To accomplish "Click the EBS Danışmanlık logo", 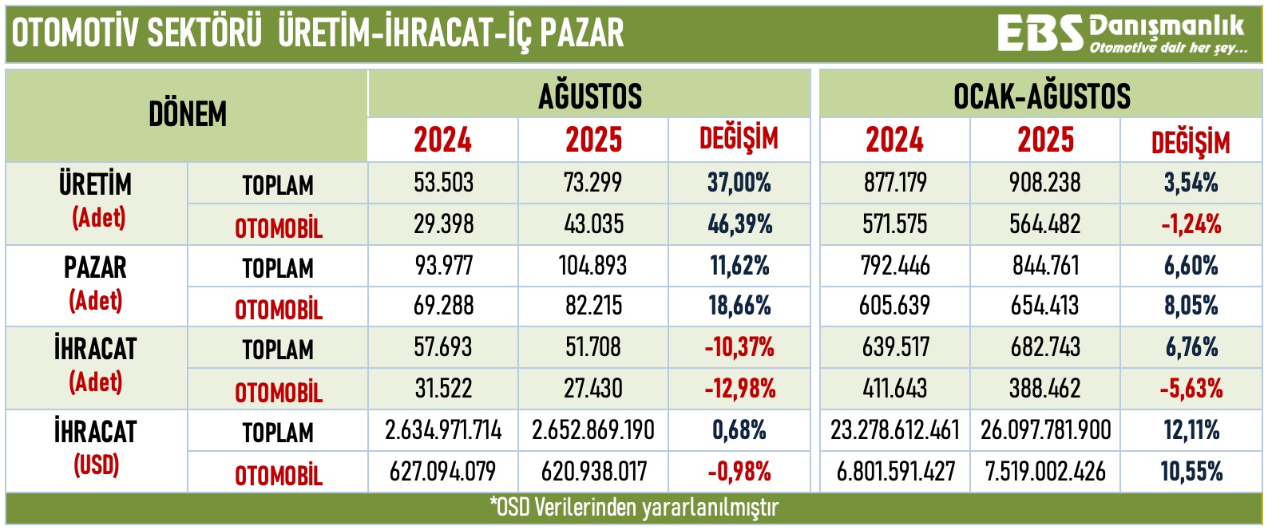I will tap(1120, 34).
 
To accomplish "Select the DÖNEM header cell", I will tap(188, 115).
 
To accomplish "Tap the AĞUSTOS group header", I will tap(589, 96).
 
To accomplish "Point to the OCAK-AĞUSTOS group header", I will tap(1041, 96).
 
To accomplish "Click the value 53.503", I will tap(443, 183).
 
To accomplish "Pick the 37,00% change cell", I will tap(739, 183).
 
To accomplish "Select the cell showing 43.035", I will tap(593, 224).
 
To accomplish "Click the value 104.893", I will tap(593, 266).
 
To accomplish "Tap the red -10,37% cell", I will tap(739, 348).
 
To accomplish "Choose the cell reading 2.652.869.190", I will tap(593, 431).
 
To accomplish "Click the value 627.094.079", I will tap(443, 472).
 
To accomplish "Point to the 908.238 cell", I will tap(1045, 183).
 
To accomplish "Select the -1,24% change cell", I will tap(1191, 224).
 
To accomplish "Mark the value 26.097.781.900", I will tap(1045, 431).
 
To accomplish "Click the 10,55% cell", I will tap(1191, 472).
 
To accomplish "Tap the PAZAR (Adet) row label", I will tap(96, 284).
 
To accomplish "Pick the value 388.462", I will tap(1045, 390).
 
